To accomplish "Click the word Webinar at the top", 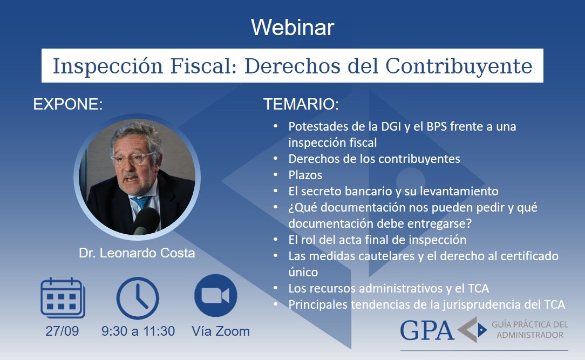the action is coord(292,27).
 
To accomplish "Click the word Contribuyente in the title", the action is coord(459,66).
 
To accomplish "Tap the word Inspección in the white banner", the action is coord(108,66).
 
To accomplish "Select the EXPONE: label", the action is coord(68,104).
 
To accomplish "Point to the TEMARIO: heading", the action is coord(301,104).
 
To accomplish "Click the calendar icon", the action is coord(63,298).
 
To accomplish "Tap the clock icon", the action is coord(138,298).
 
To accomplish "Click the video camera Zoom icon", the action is coord(216,295).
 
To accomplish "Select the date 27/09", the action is coord(62,331).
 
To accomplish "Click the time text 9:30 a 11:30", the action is coord(138,331).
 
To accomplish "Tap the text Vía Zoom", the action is coord(221,331).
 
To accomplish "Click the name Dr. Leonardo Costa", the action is coord(137,253).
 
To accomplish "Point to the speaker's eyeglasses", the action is coord(133,159).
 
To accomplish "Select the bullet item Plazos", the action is coord(305,175).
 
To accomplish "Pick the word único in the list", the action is coord(303,272).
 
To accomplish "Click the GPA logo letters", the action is coord(427,330).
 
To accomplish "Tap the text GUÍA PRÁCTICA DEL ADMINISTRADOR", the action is coord(530,330).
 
